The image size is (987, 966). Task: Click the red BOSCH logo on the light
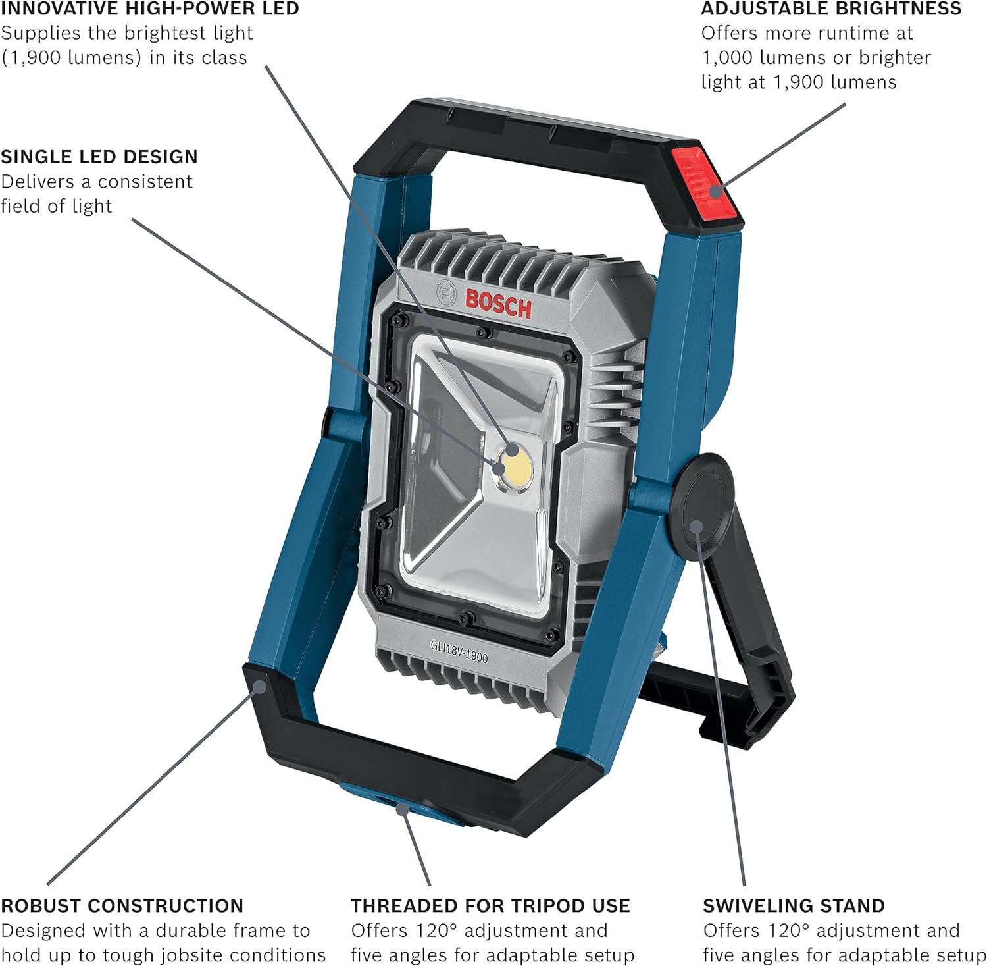(497, 304)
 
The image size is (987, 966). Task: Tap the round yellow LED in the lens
(515, 466)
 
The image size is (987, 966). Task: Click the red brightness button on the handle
(703, 185)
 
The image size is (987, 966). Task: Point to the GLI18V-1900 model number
(459, 651)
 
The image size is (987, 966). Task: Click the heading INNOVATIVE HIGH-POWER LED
(150, 9)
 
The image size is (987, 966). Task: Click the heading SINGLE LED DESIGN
(99, 157)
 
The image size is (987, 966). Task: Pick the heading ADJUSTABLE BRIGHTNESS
(831, 9)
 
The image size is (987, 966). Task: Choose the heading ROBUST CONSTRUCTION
(122, 905)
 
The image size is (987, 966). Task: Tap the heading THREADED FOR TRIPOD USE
(490, 905)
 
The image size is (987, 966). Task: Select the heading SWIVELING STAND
(794, 905)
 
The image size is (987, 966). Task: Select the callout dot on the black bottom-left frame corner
(260, 687)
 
